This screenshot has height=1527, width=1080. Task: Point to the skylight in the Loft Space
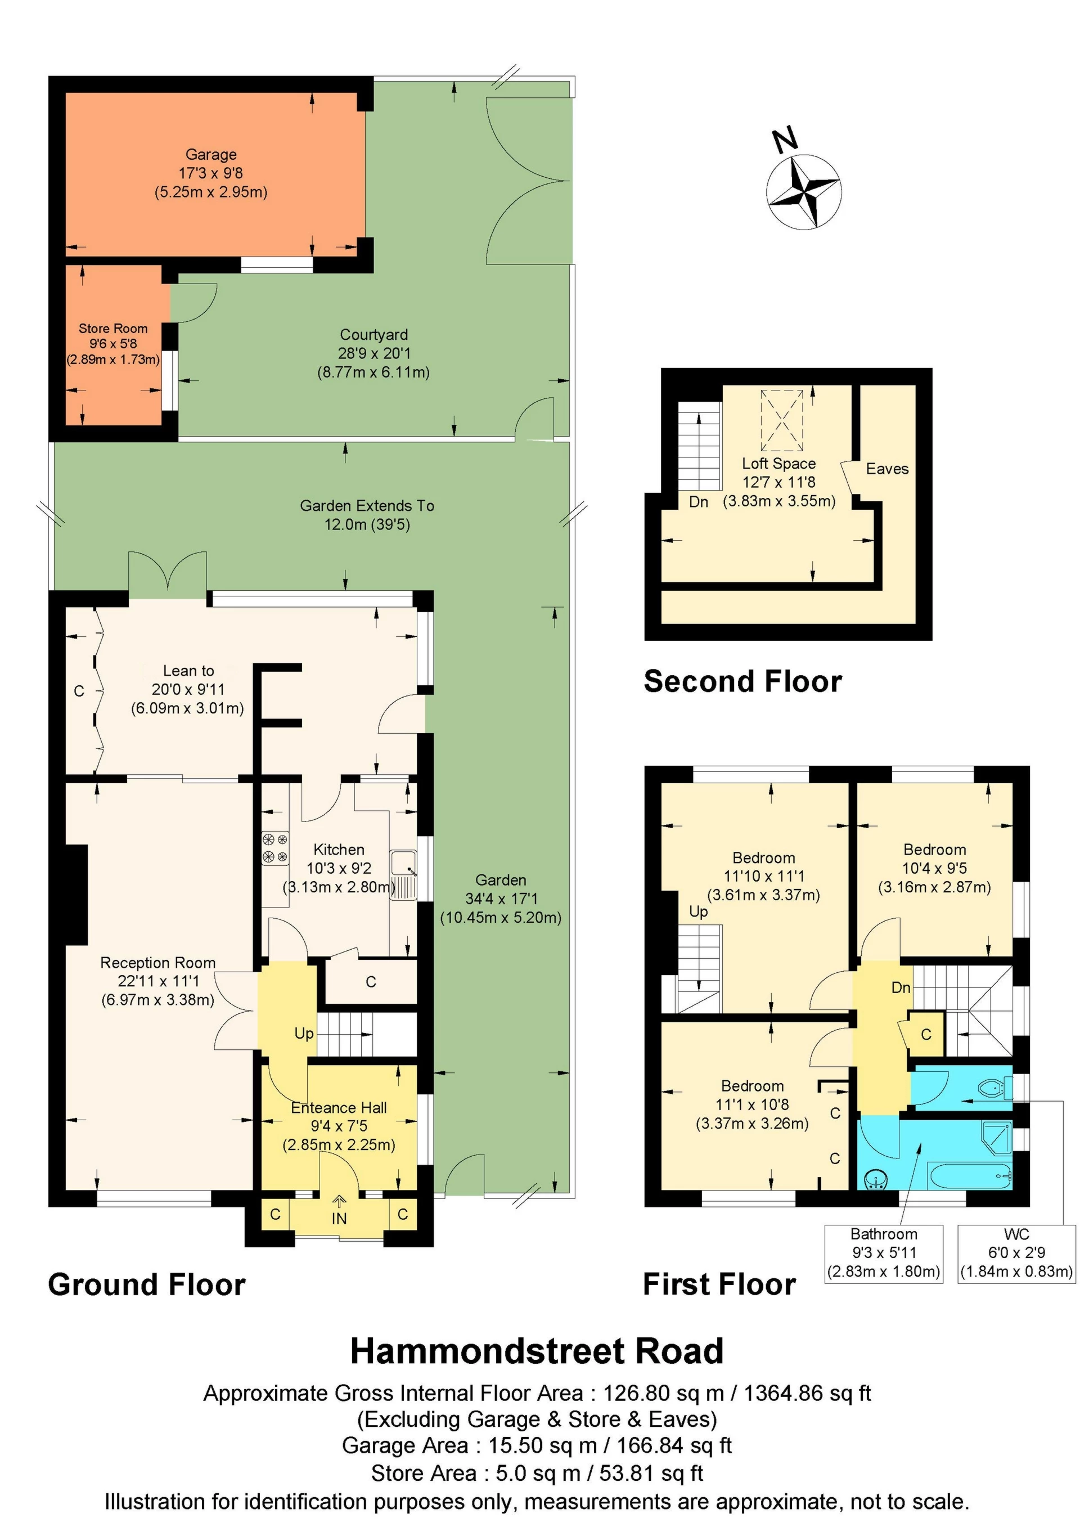782,420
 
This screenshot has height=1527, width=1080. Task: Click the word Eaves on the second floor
887,469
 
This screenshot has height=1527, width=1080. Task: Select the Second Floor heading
743,682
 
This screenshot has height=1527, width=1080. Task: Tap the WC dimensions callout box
1016,1253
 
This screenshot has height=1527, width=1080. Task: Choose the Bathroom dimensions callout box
884,1253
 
